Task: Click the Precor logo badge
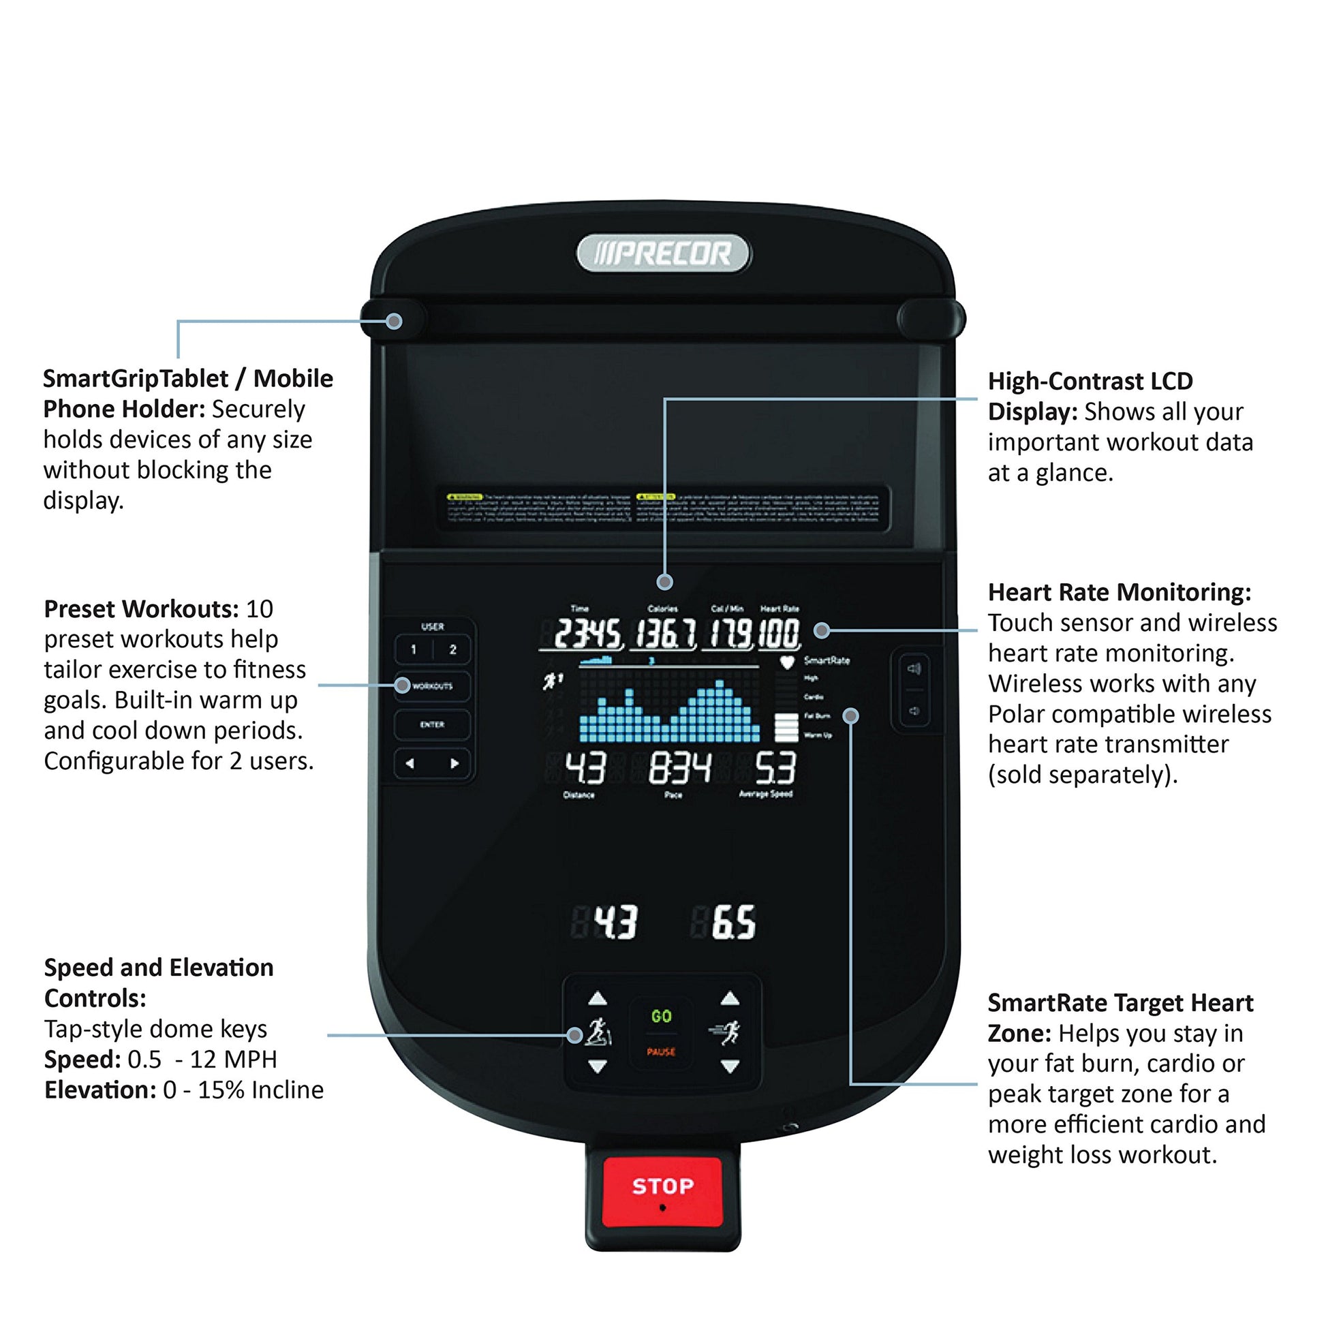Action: [x=663, y=254]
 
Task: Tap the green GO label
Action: [x=661, y=1017]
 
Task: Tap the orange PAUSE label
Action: [x=661, y=1052]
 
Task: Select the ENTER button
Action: [x=432, y=725]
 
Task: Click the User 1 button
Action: [x=413, y=649]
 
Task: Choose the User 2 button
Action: [x=452, y=649]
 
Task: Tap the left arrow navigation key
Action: [x=410, y=763]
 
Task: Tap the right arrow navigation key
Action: [x=454, y=763]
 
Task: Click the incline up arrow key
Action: [x=598, y=998]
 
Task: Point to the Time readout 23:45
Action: [x=587, y=634]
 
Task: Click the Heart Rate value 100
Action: [x=779, y=634]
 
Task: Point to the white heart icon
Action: [x=786, y=662]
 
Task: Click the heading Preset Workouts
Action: [x=141, y=608]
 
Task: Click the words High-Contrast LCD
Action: [x=1091, y=381]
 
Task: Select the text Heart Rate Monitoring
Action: [x=1120, y=591]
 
